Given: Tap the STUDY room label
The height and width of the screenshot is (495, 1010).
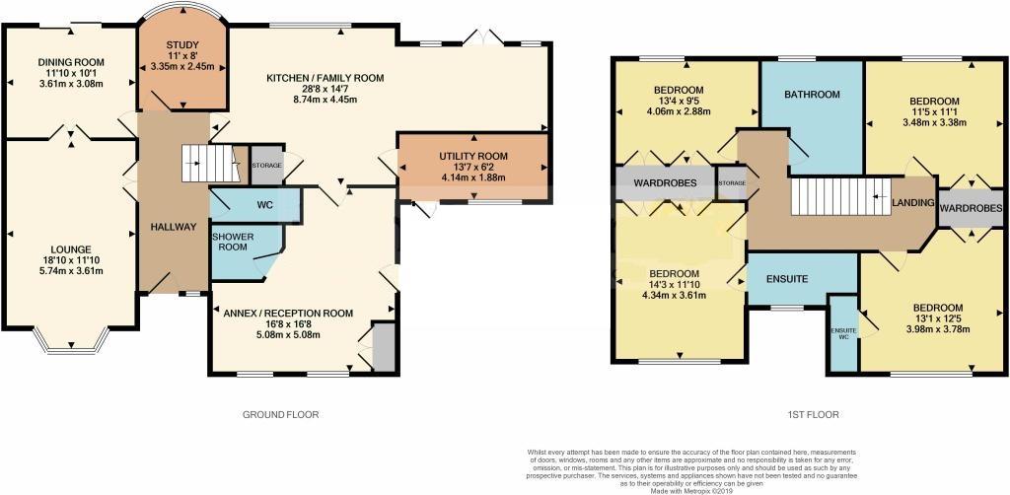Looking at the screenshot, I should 182,44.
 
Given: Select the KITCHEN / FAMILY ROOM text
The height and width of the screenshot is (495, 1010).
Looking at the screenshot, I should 325,77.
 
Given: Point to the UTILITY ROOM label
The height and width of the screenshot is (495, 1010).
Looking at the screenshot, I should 472,156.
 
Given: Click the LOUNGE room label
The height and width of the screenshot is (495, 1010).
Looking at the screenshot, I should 72,249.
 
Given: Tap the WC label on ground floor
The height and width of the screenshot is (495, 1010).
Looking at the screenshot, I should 263,205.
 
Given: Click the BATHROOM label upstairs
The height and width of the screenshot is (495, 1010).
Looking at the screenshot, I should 811,95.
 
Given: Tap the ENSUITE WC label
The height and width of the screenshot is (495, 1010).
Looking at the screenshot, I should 842,333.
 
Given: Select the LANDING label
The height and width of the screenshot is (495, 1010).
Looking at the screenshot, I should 912,203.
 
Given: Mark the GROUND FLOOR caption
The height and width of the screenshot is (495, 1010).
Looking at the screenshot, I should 281,415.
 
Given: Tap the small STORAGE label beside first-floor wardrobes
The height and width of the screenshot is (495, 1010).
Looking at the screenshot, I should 732,184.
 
